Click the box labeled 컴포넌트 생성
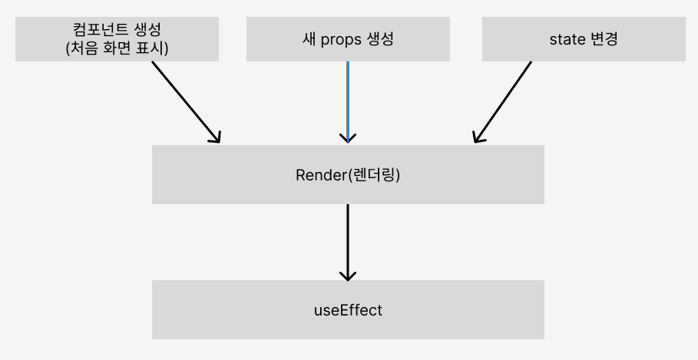tap(117, 38)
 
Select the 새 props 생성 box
tap(348, 38)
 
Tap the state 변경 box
tap(584, 38)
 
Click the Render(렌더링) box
tap(348, 174)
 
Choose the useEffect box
tap(348, 309)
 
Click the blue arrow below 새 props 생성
tap(348, 100)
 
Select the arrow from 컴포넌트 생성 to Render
tap(186, 101)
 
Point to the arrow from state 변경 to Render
tap(503, 101)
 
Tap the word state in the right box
tap(567, 39)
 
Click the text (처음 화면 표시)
tap(117, 47)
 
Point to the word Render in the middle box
tap(321, 175)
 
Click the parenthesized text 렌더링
tap(375, 175)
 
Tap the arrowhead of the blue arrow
tap(348, 139)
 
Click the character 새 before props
tap(310, 39)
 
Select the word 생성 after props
tap(380, 39)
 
